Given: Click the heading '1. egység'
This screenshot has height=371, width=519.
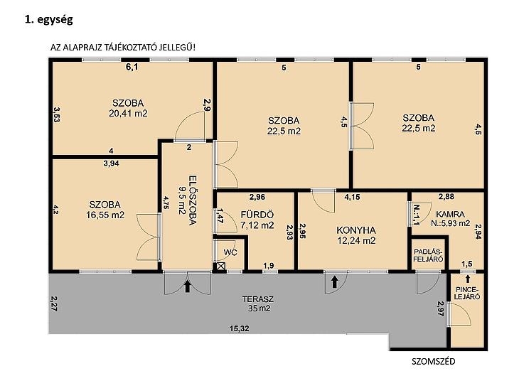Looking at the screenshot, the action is tap(49, 20).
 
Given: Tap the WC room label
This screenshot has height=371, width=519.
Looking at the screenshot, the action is tap(230, 252).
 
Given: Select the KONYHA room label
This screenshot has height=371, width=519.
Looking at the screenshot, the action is tap(356, 230).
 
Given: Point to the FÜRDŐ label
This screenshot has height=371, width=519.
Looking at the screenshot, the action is tap(257, 215).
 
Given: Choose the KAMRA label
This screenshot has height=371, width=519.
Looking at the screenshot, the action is tap(450, 214).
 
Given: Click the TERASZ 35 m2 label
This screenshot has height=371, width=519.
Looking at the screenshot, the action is tap(258, 303).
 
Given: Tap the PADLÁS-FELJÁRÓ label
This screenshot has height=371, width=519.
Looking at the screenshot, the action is tap(428, 255).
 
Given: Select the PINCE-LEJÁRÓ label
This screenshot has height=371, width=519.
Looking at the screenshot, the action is tap(467, 294).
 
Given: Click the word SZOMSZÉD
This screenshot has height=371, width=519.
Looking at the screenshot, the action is tap(433, 361).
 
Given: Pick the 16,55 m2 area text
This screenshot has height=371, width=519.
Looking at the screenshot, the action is tap(105, 215).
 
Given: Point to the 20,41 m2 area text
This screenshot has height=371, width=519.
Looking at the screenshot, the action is tap(128, 114).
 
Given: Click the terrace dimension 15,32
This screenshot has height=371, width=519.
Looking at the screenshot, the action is tap(240, 328).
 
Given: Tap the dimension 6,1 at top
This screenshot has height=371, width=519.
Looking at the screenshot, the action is tap(132, 68).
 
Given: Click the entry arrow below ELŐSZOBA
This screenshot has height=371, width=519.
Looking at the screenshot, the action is tap(188, 286).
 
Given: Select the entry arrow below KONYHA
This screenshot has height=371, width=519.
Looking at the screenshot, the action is tap(334, 281).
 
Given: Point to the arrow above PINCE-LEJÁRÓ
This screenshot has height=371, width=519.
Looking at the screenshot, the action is tap(467, 279).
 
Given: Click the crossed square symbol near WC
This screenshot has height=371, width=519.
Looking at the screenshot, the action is tap(221, 266).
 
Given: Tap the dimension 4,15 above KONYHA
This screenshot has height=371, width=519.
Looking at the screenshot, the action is tap(352, 198).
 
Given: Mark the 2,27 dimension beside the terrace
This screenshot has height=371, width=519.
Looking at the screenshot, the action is tap(53, 303).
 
